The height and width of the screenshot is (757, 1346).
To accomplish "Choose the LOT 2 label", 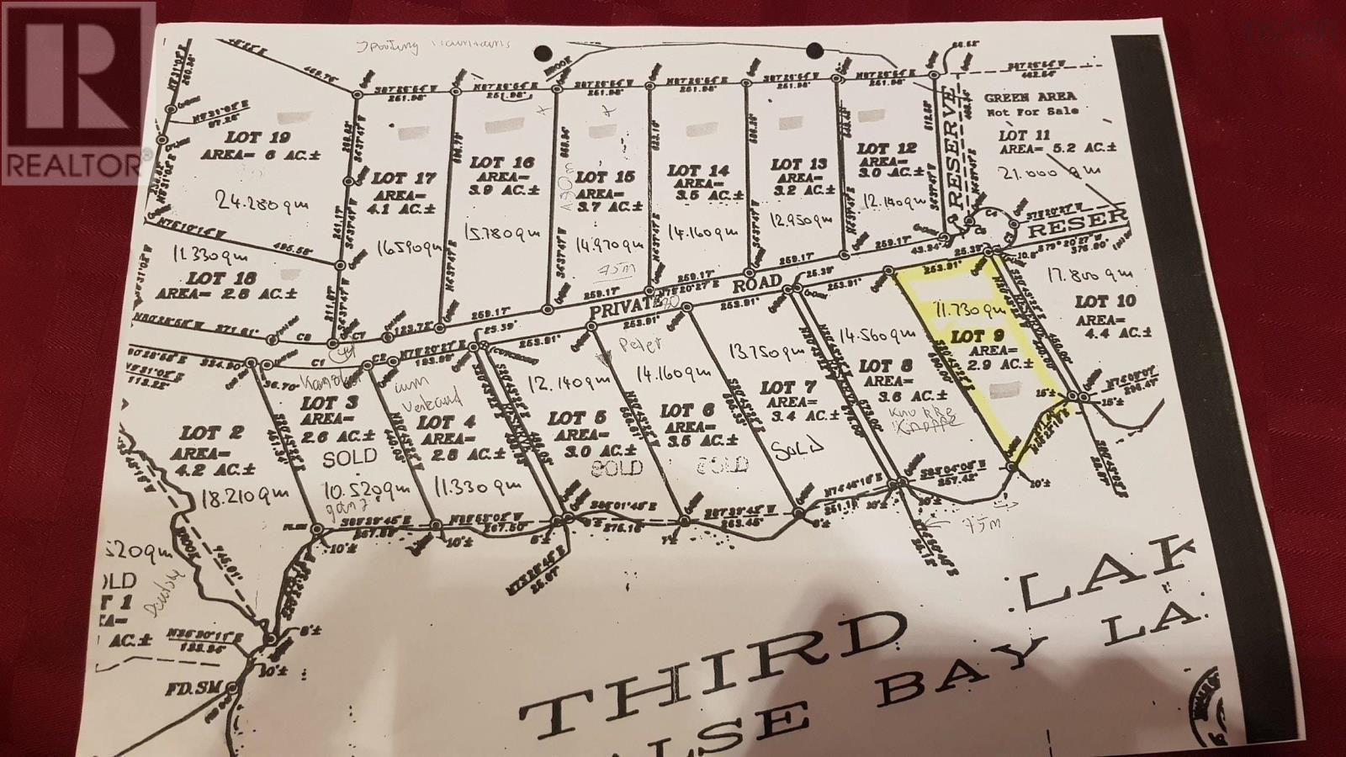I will point(212,434).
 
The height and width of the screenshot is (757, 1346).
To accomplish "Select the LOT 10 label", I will point(1105,301).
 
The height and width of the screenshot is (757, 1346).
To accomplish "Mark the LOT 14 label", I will point(697,170).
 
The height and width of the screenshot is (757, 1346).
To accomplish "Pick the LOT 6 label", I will point(687,411).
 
